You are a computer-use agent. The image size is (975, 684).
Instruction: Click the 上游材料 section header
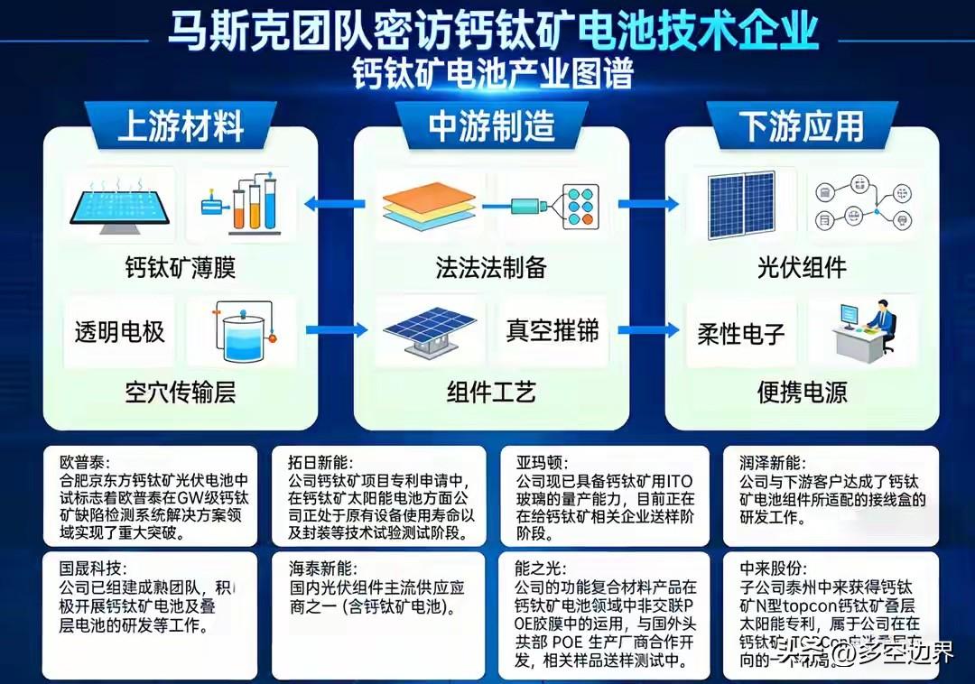click(181, 126)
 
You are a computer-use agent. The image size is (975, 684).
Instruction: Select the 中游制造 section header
click(491, 126)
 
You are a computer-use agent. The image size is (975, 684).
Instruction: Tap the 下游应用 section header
click(801, 126)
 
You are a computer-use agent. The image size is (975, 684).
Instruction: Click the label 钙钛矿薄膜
click(181, 268)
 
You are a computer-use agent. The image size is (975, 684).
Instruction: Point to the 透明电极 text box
click(120, 331)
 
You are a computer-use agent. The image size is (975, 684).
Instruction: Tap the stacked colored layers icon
click(428, 208)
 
